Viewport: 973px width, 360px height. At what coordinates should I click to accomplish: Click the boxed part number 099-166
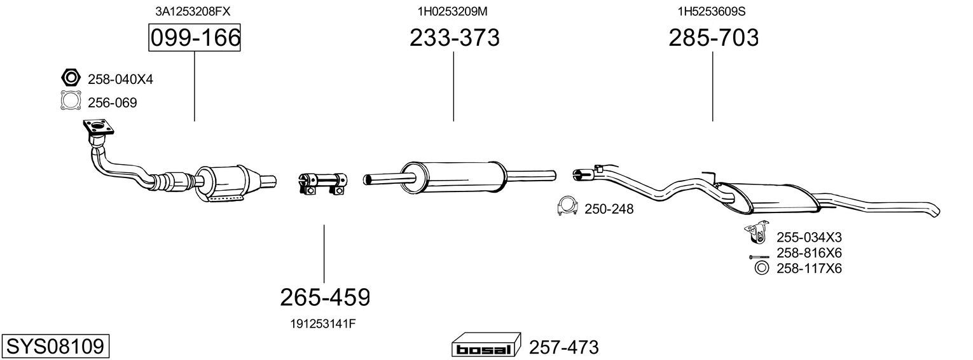pos(195,38)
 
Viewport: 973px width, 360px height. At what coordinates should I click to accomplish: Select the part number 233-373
pos(454,38)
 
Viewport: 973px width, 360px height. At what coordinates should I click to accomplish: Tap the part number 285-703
pos(714,38)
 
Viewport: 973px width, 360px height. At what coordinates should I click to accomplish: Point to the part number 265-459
pos(325,298)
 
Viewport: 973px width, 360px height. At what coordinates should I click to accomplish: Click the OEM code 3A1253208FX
pos(193,11)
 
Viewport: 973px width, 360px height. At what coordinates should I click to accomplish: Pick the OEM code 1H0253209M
pos(453,11)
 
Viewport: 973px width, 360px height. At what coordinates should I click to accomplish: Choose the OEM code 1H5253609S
pos(712,11)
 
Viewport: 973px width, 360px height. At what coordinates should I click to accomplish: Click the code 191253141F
pos(323,324)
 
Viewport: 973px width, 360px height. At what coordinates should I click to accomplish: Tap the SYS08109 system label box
pos(55,347)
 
